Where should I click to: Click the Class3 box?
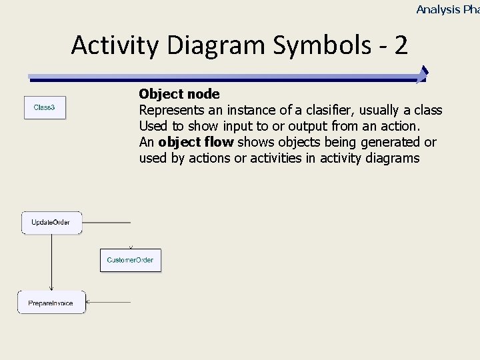(x=45, y=107)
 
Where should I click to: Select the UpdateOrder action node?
(x=51, y=223)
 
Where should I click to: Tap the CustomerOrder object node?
(x=131, y=260)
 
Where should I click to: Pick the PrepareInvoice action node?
(x=51, y=303)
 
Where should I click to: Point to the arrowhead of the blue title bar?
(x=423, y=75)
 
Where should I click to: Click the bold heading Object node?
(x=179, y=94)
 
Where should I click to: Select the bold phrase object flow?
(x=195, y=142)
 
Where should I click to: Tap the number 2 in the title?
(x=400, y=45)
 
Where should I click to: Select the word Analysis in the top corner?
(x=438, y=9)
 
